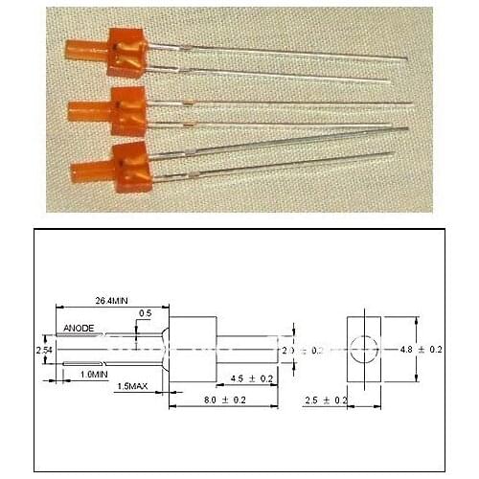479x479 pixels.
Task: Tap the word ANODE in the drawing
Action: (79, 329)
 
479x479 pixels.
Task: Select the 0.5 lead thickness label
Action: (145, 313)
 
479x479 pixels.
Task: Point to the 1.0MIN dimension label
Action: (93, 373)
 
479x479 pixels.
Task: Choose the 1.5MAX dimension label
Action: (132, 387)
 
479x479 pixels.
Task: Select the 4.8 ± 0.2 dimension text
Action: (421, 350)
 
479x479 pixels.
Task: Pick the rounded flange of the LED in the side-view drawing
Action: (165, 351)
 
